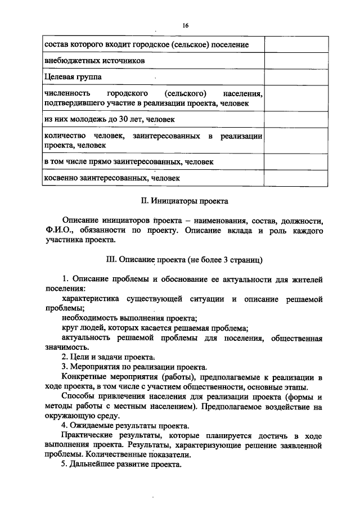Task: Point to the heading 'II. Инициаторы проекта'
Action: point(184,200)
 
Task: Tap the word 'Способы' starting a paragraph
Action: point(79,396)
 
